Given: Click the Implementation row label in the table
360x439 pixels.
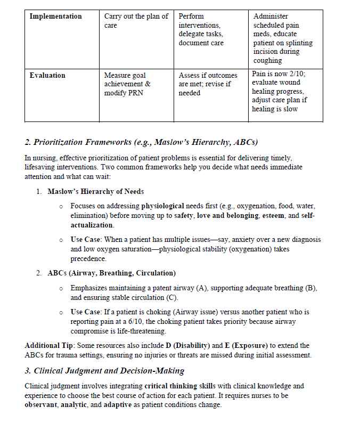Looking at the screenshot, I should pyautogui.click(x=55, y=17).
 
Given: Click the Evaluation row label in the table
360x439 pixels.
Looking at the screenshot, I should pyautogui.click(x=47, y=76).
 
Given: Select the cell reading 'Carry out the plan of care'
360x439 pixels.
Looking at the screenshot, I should pyautogui.click(x=136, y=21).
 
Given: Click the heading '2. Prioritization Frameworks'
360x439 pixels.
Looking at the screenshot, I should pyautogui.click(x=141, y=142).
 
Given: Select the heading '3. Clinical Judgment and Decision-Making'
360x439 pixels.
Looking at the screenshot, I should pyautogui.click(x=104, y=371).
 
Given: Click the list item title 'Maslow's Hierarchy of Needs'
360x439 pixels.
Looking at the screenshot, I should pyautogui.click(x=95, y=191).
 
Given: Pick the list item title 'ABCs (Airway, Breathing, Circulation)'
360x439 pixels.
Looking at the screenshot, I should pyautogui.click(x=111, y=273).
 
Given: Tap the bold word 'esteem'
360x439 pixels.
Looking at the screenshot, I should pyautogui.click(x=276, y=216).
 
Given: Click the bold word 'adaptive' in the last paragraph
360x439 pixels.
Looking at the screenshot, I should pyautogui.click(x=118, y=404).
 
